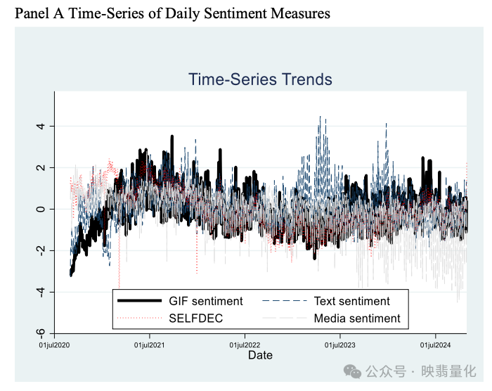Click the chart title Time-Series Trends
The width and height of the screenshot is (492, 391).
tap(260, 79)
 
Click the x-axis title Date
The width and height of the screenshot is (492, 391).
tap(259, 355)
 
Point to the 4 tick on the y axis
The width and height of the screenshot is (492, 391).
tap(41, 127)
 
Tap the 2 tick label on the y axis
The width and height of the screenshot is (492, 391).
tap(41, 168)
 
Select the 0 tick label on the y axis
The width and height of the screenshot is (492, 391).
tap(41, 209)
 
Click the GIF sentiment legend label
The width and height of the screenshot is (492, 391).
tap(206, 301)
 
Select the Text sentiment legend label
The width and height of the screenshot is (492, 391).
tap(351, 301)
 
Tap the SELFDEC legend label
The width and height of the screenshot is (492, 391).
tap(195, 319)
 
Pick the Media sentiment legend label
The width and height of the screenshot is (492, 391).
tap(356, 319)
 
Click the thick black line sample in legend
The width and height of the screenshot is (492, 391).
tap(140, 301)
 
